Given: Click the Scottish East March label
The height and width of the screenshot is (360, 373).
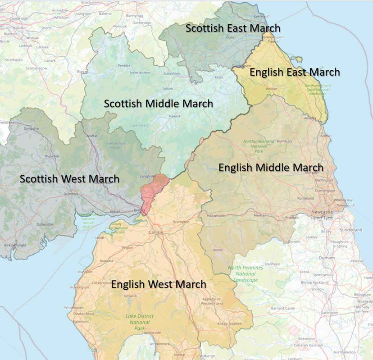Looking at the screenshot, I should point(233,28).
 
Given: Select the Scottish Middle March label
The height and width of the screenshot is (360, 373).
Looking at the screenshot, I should point(159,104).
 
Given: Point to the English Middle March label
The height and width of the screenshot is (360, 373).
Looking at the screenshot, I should point(271,168).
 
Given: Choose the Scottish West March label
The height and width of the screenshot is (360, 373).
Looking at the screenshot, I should point(69,179).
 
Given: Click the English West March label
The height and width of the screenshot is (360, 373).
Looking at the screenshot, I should point(159,284).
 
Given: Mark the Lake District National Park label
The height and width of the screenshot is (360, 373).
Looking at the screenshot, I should point(140,322).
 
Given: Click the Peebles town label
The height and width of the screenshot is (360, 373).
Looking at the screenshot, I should point(124,66).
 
